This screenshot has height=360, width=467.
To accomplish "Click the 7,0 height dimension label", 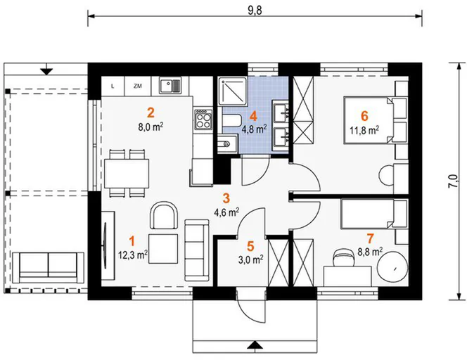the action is point(454,181).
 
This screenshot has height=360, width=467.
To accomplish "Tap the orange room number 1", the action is point(132,241).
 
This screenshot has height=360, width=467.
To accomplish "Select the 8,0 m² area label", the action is point(151,127).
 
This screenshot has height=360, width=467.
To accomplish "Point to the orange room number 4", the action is point(253,116).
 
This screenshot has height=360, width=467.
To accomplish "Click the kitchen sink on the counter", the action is point(170,86).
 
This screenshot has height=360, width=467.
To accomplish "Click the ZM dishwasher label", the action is point(138,86).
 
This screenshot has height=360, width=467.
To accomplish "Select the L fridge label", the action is point(113,86).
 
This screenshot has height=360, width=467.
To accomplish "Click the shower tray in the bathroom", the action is point(233,91).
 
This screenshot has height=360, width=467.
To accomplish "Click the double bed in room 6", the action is point(368,120).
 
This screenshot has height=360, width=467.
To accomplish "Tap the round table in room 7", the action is point(392,267).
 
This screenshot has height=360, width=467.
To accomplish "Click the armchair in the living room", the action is point(165,216).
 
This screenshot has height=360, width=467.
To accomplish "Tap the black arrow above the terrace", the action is point(46,72).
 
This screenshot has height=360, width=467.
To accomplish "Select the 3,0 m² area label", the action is point(251,260).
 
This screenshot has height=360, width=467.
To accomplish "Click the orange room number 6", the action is point(364,116).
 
